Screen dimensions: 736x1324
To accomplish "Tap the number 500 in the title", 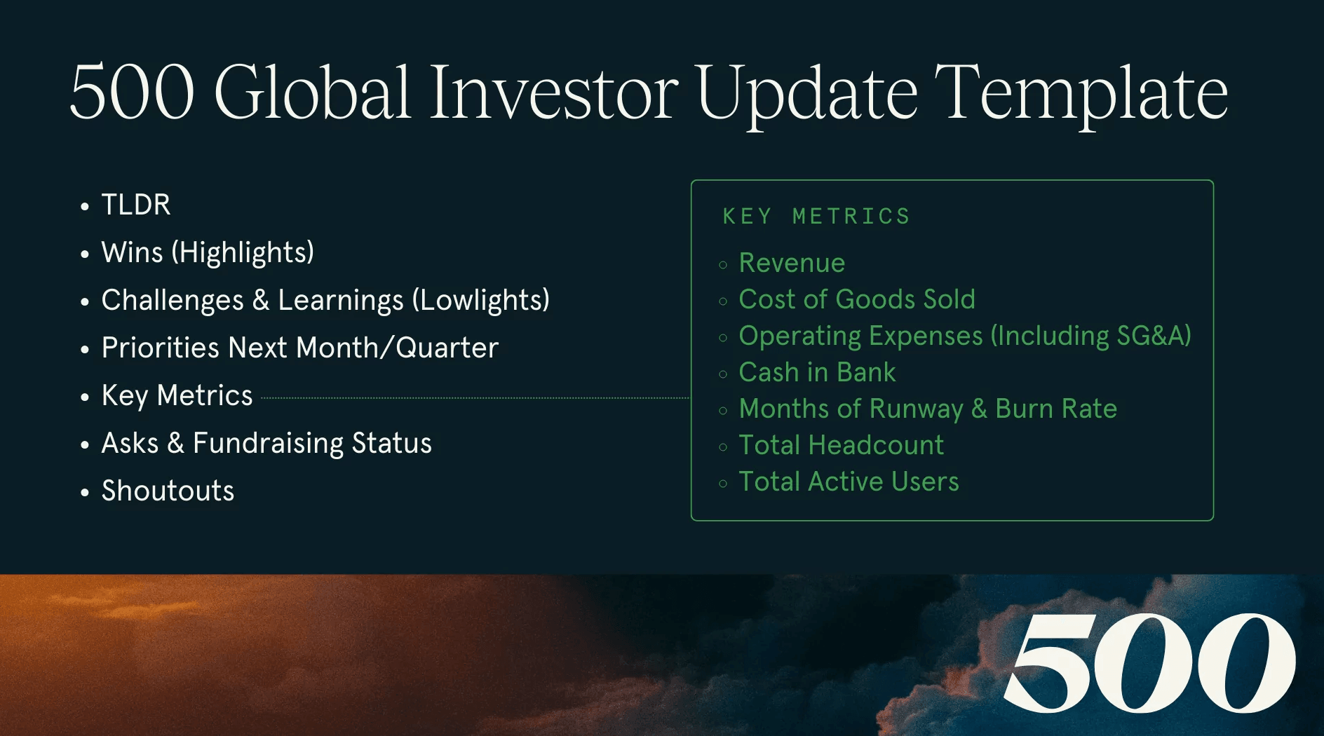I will (132, 93).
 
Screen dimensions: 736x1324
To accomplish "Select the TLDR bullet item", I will (136, 205).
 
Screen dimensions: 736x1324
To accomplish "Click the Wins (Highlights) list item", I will (208, 253).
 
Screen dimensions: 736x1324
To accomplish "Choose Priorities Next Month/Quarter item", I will (299, 348).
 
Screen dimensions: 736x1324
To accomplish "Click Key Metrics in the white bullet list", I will (177, 396).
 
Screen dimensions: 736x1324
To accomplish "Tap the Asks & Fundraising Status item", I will (266, 444).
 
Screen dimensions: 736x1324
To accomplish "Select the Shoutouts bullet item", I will (168, 491).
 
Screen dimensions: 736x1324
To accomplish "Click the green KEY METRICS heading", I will (816, 217).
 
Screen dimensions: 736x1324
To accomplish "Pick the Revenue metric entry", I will (792, 264).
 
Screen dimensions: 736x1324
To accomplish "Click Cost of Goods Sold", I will (856, 300).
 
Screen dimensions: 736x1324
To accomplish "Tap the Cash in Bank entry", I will (817, 373).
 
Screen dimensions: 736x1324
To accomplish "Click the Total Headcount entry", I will (841, 446).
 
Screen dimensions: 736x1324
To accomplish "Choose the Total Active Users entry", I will (849, 482).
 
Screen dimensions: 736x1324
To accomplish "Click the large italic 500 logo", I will (1149, 662).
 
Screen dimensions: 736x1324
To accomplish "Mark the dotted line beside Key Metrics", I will (474, 398).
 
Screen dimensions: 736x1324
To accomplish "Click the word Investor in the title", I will (553, 93).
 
